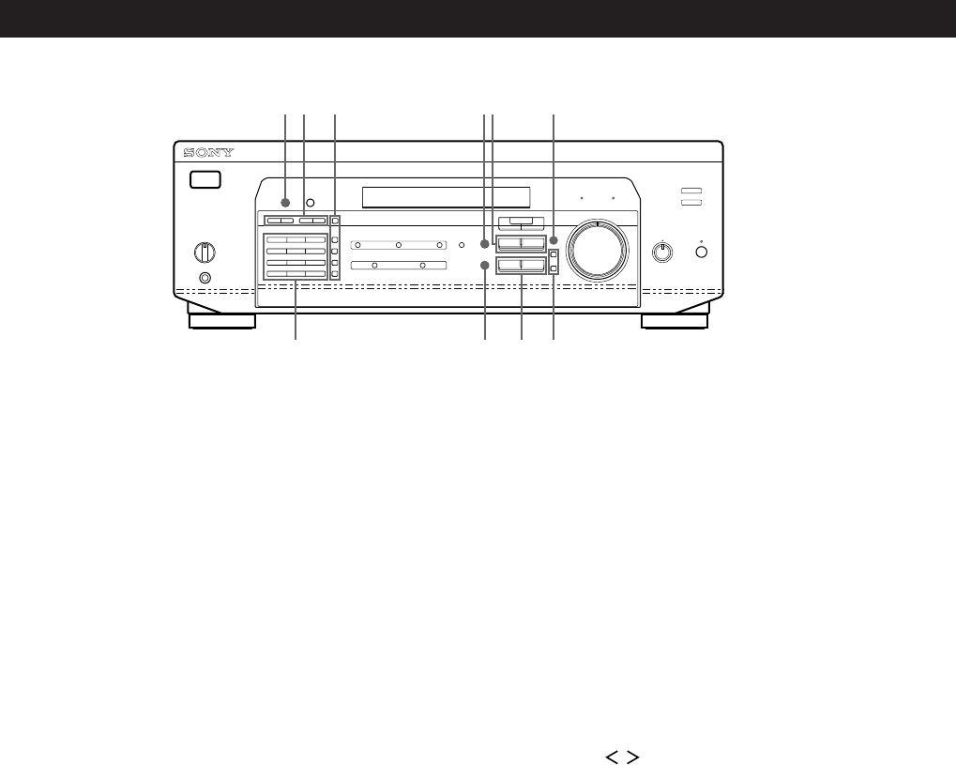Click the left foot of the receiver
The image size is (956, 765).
pos(221,322)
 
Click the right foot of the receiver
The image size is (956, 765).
pos(674,322)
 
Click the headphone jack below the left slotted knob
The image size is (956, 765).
pos(205,278)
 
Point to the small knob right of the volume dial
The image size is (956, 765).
pos(662,251)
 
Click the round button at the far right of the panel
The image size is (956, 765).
pos(702,252)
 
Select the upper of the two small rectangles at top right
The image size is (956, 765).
pos(691,191)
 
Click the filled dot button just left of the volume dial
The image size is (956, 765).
pos(554,241)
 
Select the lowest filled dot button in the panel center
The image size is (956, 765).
pos(485,267)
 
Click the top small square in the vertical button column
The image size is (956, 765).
pos(334,222)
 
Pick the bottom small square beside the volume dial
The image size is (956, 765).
pos(554,269)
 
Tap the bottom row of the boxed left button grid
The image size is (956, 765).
pos(296,273)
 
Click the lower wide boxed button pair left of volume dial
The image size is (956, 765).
pos(521,267)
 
